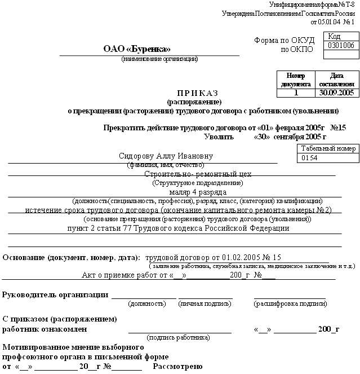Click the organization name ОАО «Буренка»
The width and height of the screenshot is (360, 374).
(x=136, y=49)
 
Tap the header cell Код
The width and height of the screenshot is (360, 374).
(x=335, y=36)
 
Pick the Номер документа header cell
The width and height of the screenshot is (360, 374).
(x=296, y=80)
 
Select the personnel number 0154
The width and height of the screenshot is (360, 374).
(x=310, y=159)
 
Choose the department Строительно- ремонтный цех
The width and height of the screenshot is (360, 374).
(x=198, y=174)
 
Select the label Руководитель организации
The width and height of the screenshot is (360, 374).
(x=55, y=294)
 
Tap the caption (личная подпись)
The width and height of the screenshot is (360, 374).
(x=205, y=303)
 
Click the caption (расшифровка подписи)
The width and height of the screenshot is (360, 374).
(x=290, y=303)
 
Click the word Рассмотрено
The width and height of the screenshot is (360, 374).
(x=177, y=367)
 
